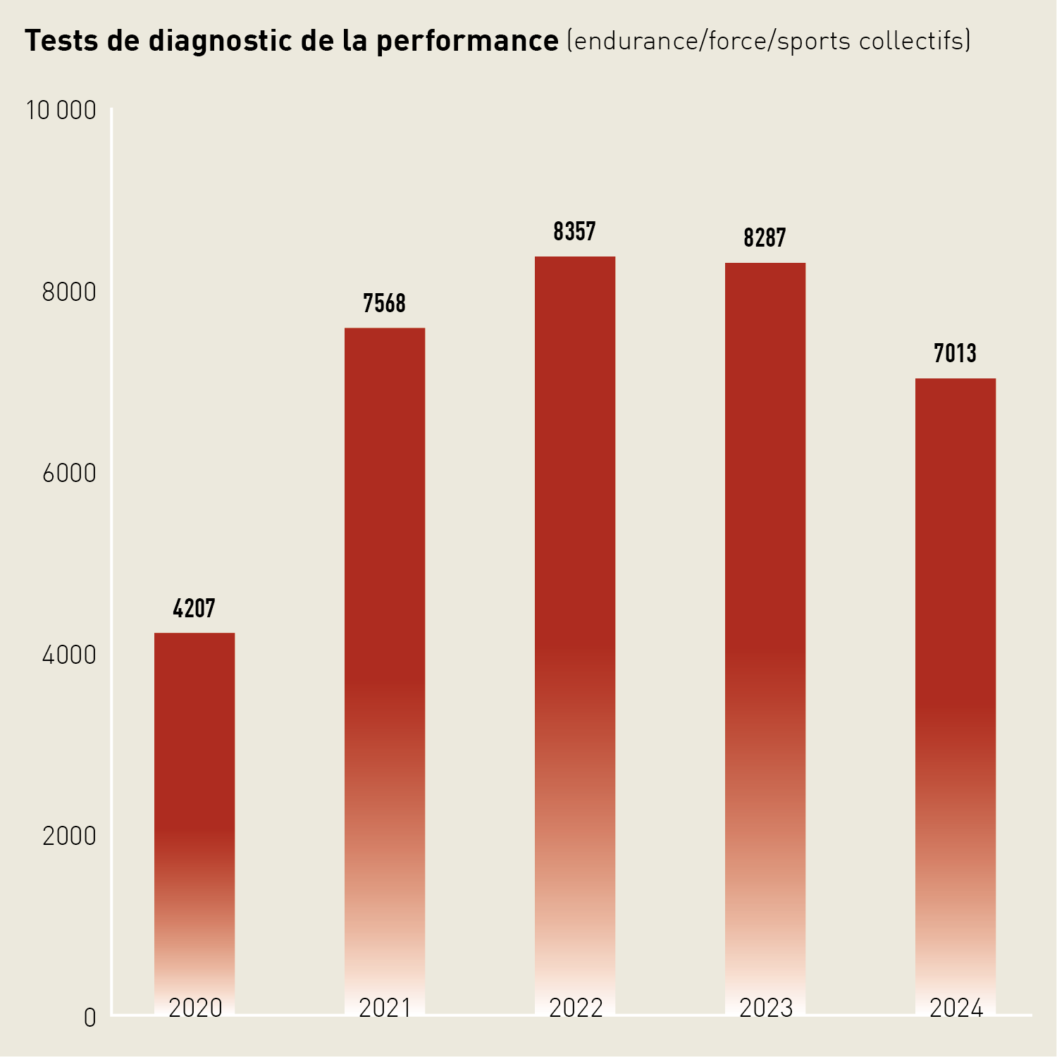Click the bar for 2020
point(194,810)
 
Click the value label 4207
point(194,608)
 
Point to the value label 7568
point(385,304)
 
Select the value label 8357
point(575,232)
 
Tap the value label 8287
point(765,238)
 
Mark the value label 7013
point(956,353)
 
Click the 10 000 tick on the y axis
point(61,111)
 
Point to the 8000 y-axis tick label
point(69,292)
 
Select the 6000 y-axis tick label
point(69,474)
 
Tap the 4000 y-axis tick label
point(69,655)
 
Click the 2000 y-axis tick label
point(69,836)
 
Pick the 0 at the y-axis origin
point(89,1018)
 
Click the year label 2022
point(576,1008)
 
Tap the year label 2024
point(956,1008)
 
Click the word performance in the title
point(467,42)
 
